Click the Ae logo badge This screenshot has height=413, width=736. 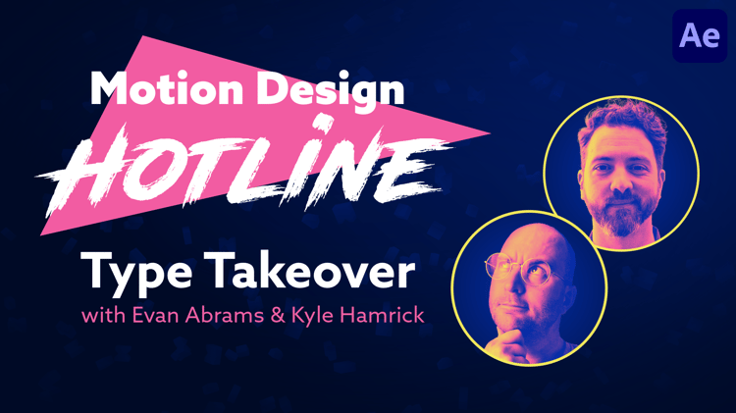[700, 35]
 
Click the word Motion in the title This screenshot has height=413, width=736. [167, 88]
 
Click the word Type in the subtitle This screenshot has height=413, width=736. [136, 272]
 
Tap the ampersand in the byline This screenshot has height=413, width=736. [278, 315]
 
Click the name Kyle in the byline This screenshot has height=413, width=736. [313, 316]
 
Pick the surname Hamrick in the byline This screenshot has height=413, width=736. [382, 315]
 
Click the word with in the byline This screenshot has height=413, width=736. [103, 315]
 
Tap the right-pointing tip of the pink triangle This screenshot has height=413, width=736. [490, 132]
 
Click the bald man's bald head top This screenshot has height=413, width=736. [538, 234]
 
